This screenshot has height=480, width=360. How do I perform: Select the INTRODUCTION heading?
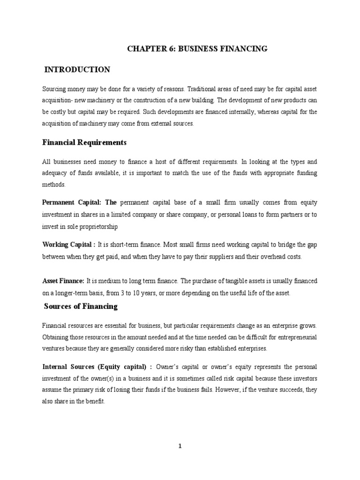[x=77, y=70]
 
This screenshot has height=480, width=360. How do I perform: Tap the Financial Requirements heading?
[x=84, y=142]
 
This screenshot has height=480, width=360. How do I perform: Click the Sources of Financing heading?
[x=81, y=307]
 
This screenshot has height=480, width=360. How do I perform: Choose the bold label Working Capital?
[x=67, y=245]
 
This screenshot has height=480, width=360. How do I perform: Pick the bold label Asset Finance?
[x=63, y=281]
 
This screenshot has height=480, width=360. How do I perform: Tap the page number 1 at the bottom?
[x=180, y=446]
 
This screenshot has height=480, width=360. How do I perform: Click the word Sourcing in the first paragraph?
[x=54, y=89]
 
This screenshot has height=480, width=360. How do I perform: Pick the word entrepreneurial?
[x=293, y=336]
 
